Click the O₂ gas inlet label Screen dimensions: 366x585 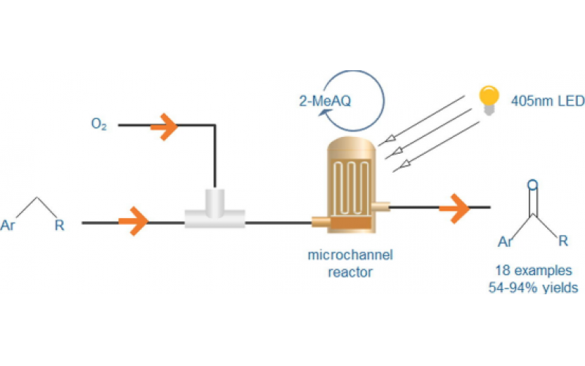tap(99, 125)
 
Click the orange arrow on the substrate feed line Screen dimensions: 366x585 tap(133, 221)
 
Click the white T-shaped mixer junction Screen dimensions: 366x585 tap(214, 213)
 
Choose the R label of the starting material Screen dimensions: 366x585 tap(59, 224)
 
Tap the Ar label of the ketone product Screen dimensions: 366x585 tap(505, 241)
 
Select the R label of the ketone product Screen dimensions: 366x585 tap(562, 240)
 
